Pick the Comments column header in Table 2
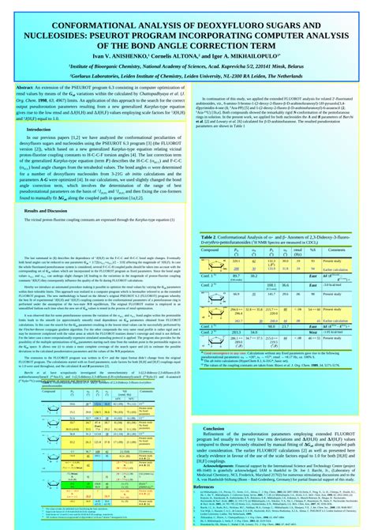tap(339, 250)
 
